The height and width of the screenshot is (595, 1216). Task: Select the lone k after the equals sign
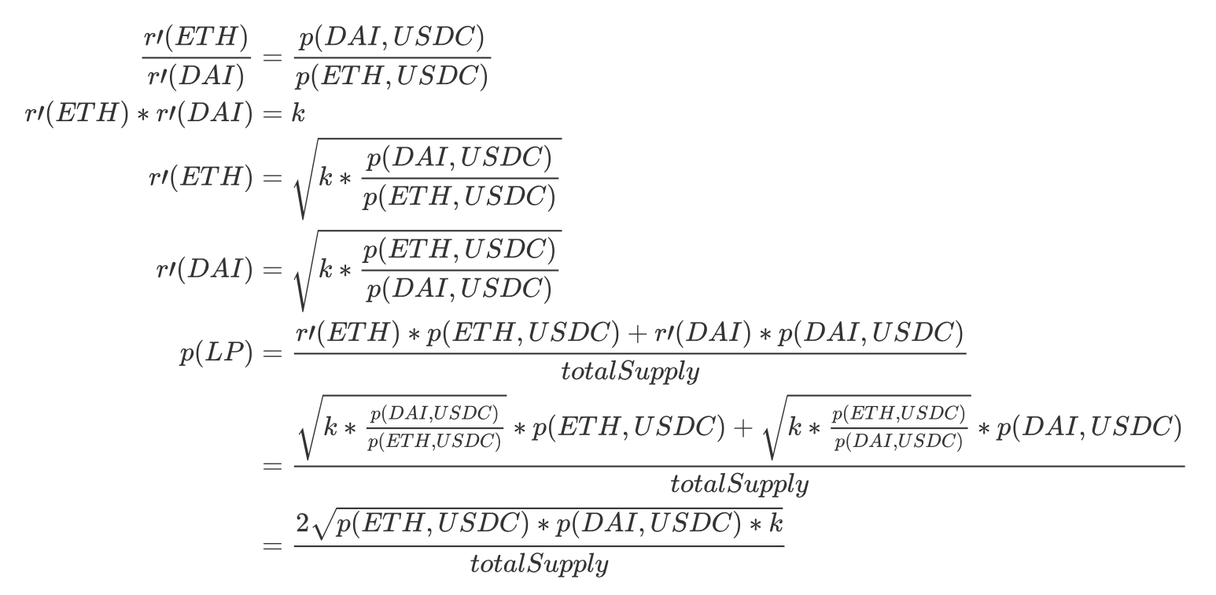pos(298,114)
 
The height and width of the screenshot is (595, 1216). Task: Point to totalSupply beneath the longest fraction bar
pos(739,484)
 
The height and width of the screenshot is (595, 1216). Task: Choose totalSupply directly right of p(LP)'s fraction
pos(629,371)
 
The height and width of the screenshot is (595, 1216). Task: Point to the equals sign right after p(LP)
pos(272,355)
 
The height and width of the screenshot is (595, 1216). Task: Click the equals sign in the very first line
pos(272,57)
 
